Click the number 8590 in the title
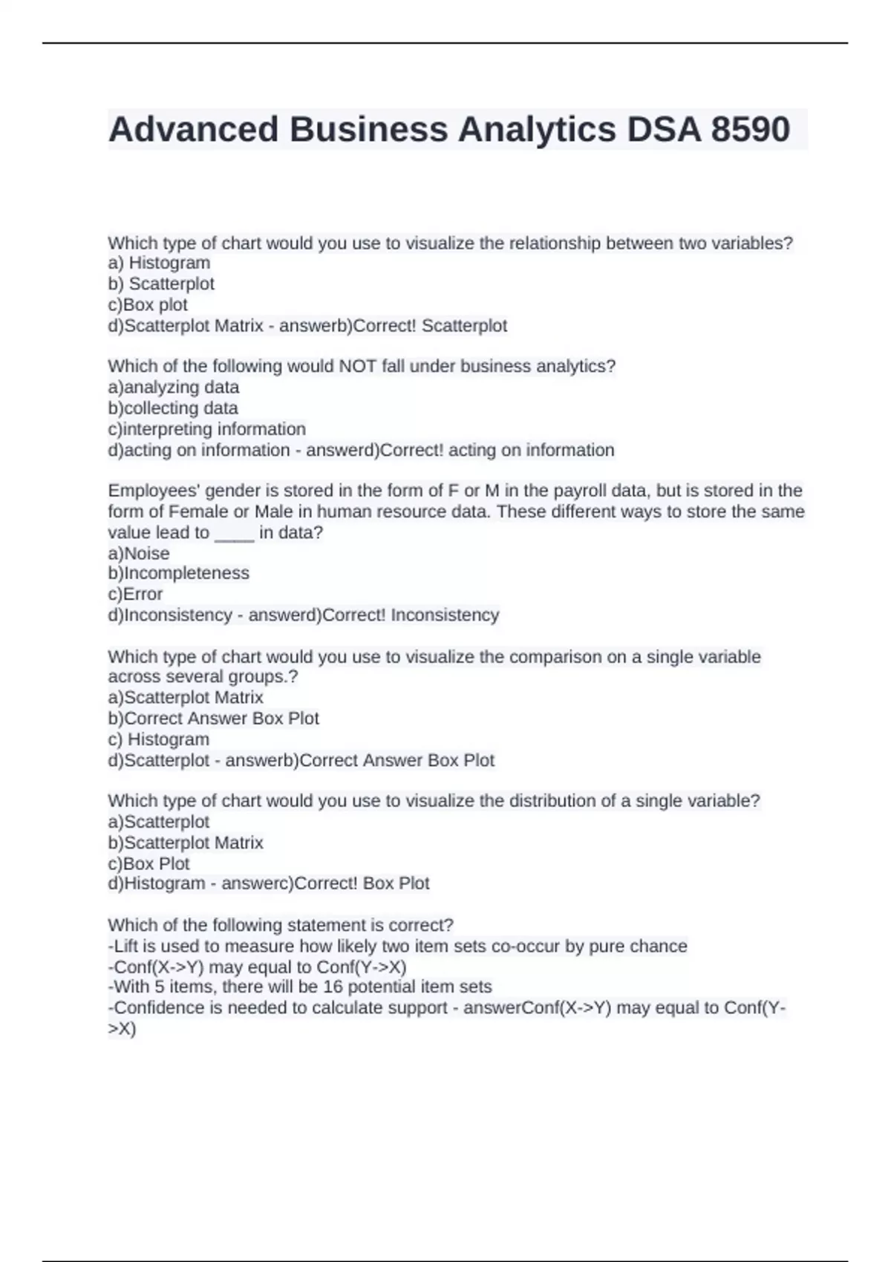click(750, 129)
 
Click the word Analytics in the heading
click(537, 129)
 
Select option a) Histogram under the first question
click(159, 263)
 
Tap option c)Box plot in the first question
click(148, 304)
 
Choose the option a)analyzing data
click(174, 387)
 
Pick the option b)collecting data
click(173, 408)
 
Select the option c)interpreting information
click(206, 429)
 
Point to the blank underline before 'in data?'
click(235, 533)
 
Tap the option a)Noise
click(139, 554)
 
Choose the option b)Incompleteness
click(178, 573)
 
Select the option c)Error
click(135, 594)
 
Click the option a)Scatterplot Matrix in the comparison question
click(186, 697)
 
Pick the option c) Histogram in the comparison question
click(159, 739)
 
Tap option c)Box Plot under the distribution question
click(148, 863)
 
